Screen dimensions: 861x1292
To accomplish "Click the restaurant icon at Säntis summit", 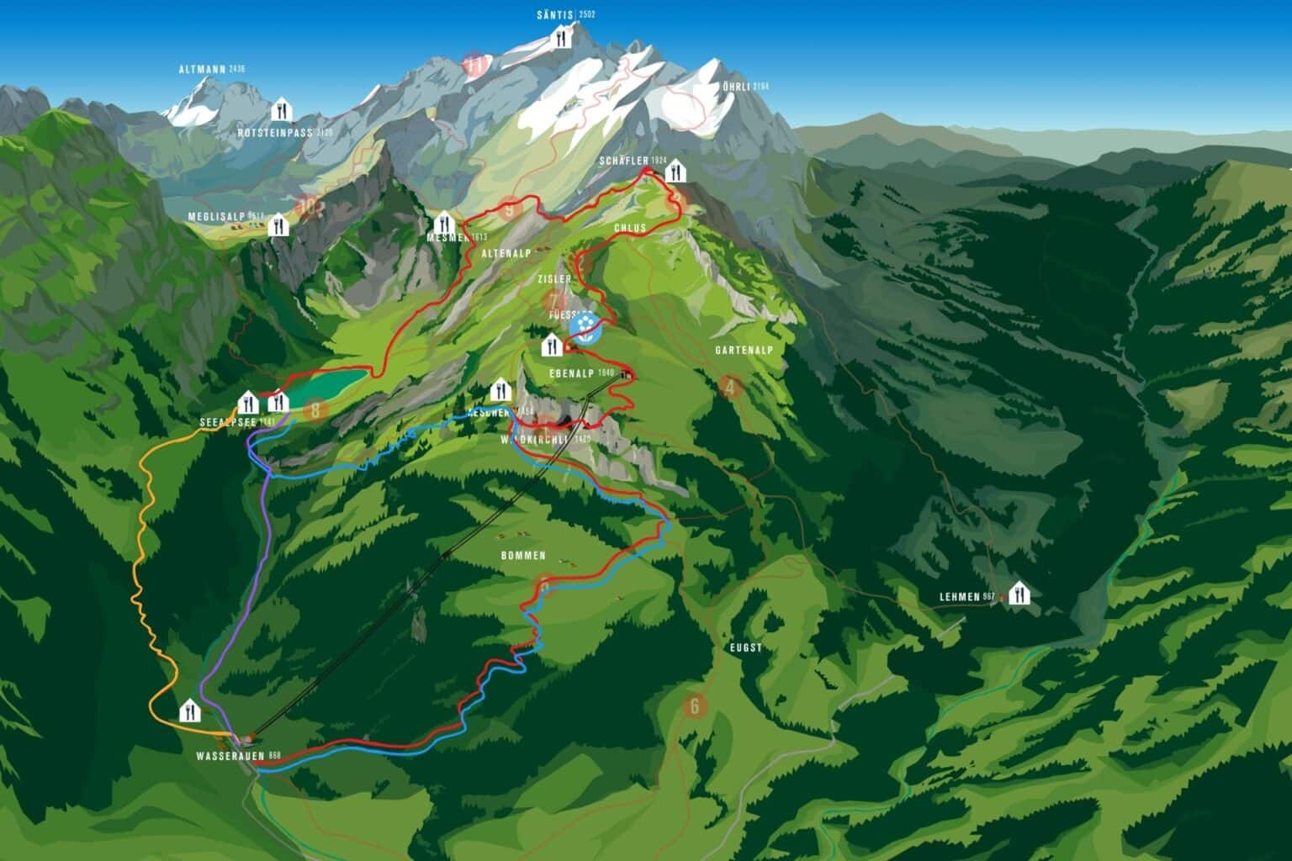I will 562,36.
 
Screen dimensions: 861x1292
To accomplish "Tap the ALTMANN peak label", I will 204,69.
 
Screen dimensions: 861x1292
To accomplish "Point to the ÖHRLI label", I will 738,87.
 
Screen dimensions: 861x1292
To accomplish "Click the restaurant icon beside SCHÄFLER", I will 675,172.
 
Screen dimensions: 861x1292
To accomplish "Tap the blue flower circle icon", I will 584,327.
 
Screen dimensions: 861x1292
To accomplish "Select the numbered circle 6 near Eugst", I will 695,705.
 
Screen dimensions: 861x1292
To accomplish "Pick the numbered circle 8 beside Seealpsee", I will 315,410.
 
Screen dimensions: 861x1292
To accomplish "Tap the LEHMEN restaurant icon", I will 1019,594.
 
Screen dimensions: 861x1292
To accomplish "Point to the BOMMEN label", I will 523,556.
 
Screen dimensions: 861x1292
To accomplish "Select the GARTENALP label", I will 744,349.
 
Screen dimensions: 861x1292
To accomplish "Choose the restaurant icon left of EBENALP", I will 551,343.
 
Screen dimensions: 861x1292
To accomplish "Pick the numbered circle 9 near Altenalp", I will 508,209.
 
